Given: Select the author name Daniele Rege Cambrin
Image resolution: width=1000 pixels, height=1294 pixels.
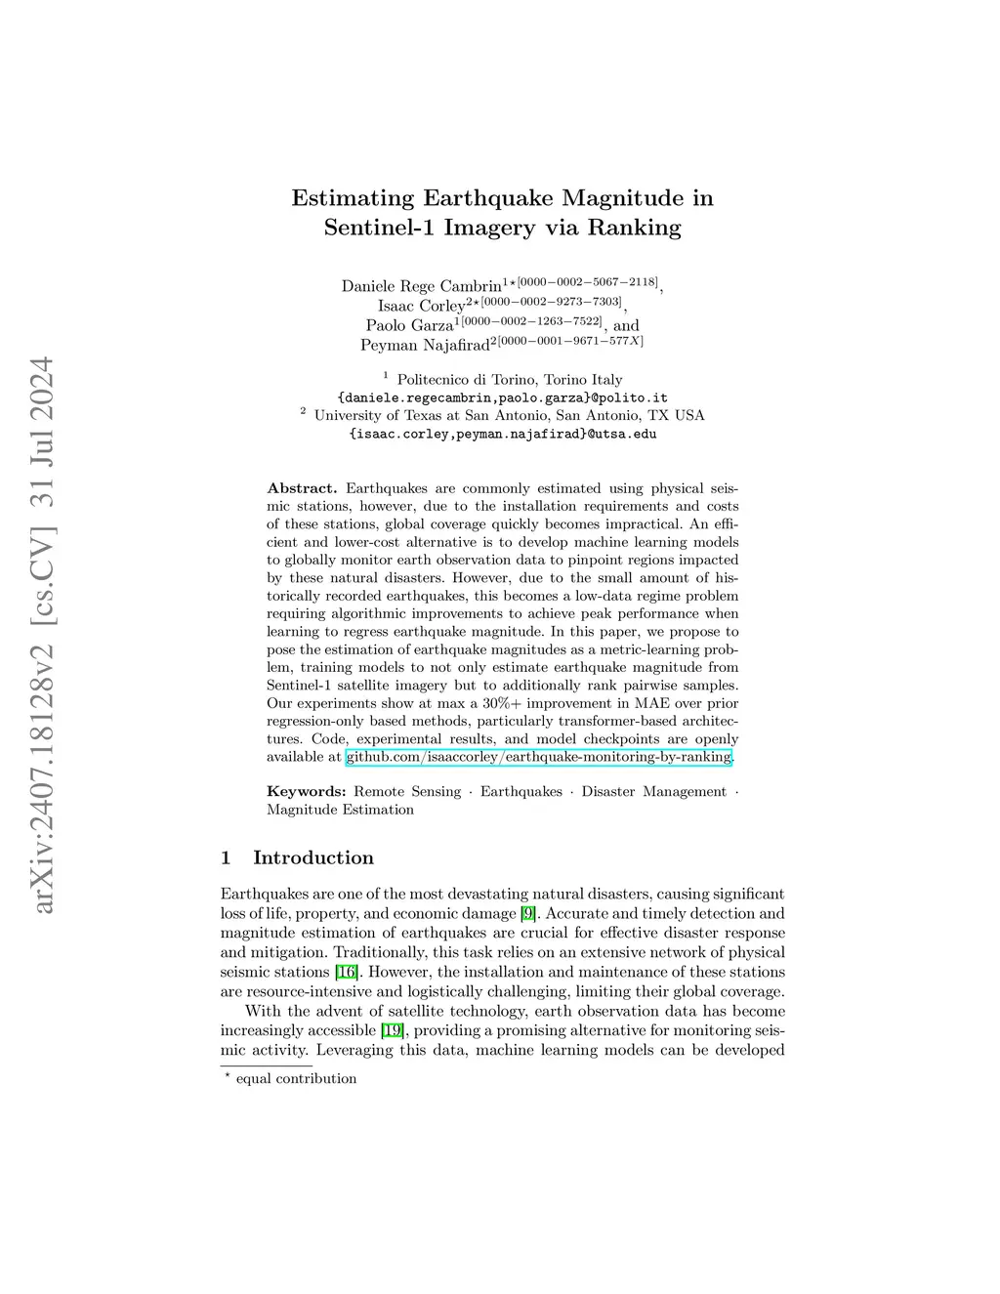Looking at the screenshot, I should tap(421, 286).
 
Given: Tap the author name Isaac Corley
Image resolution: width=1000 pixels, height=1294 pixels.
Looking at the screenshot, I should tap(422, 306).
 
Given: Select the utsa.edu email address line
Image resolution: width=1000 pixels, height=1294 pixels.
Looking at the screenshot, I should tap(502, 434).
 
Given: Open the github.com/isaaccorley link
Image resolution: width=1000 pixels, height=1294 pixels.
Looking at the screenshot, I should tap(538, 757).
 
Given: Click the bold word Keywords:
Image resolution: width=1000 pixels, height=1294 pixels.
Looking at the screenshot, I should tap(306, 792).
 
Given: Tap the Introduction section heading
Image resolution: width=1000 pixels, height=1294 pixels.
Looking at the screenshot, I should tap(312, 857).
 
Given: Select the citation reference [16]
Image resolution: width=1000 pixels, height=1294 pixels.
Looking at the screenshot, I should tap(346, 972).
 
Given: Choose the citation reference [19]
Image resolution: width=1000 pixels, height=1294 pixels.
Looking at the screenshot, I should tap(392, 1030).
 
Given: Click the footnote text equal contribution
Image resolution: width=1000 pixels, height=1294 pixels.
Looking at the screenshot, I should tap(296, 1079).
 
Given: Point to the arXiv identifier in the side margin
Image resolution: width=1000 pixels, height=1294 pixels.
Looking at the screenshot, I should tap(43, 635).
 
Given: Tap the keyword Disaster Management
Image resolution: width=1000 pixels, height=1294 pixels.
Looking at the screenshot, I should tap(653, 792).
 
